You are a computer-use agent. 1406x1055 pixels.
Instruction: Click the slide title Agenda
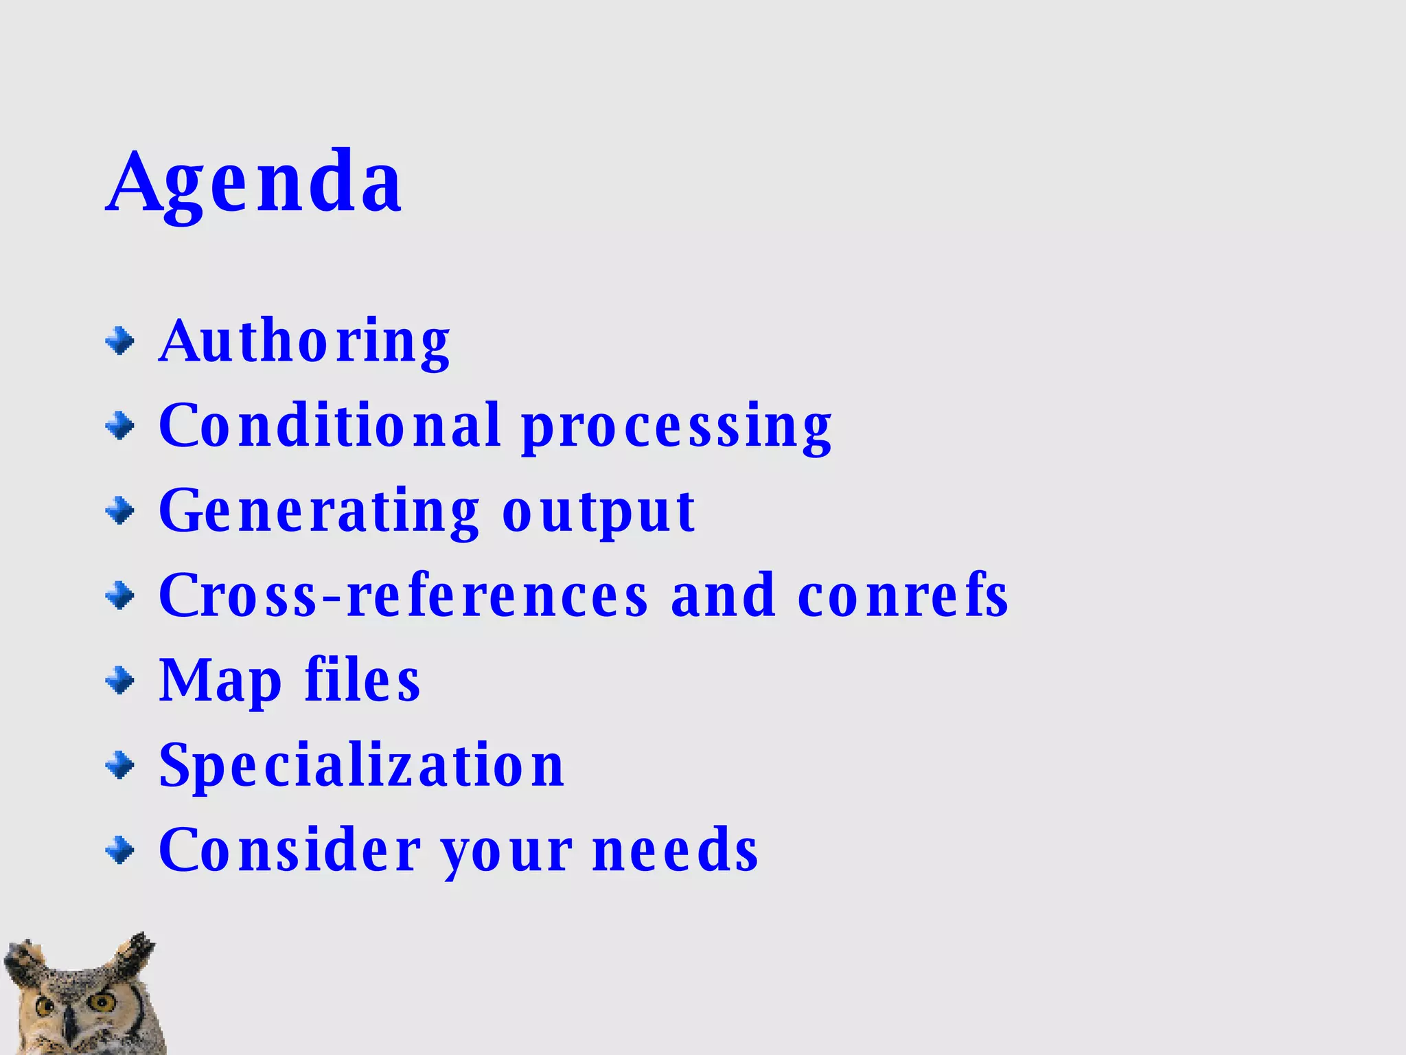pos(254,183)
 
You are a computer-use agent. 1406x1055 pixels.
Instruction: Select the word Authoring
pos(304,341)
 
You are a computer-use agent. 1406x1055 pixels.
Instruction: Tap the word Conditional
pos(330,426)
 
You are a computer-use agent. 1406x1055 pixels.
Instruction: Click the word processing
pos(676,429)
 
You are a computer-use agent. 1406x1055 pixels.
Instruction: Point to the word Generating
pos(319,512)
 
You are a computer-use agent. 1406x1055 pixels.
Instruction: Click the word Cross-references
pos(404,595)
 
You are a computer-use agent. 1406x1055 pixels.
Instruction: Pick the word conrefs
pos(903,595)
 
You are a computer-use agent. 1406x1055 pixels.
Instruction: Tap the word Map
pos(220,681)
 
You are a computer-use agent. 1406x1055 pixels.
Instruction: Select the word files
pos(362,679)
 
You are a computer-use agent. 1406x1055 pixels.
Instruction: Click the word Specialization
pos(362,766)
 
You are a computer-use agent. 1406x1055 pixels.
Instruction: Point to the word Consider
pos(290,850)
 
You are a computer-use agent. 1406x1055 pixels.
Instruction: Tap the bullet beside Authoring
pos(120,341)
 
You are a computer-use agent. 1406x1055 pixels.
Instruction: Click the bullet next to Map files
pos(120,681)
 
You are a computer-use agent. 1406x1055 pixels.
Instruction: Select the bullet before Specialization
pos(120,766)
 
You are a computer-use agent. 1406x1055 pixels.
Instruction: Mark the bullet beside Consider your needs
pos(120,851)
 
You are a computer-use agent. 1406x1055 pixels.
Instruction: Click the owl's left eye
pos(44,1007)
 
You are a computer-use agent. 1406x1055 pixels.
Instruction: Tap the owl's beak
pos(69,1030)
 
